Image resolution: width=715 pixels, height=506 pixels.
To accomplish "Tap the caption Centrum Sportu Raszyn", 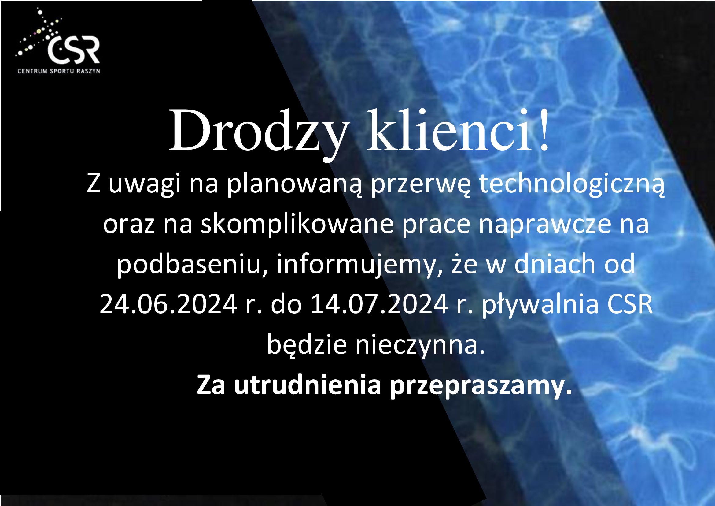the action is coord(59,71).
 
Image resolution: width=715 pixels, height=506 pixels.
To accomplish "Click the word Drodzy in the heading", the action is coord(258,131).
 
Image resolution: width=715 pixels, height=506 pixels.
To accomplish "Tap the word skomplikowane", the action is coord(297,224).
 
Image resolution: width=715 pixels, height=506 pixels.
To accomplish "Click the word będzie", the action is coord(307,345).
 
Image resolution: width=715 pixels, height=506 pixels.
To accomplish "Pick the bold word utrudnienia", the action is coord(308,385).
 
